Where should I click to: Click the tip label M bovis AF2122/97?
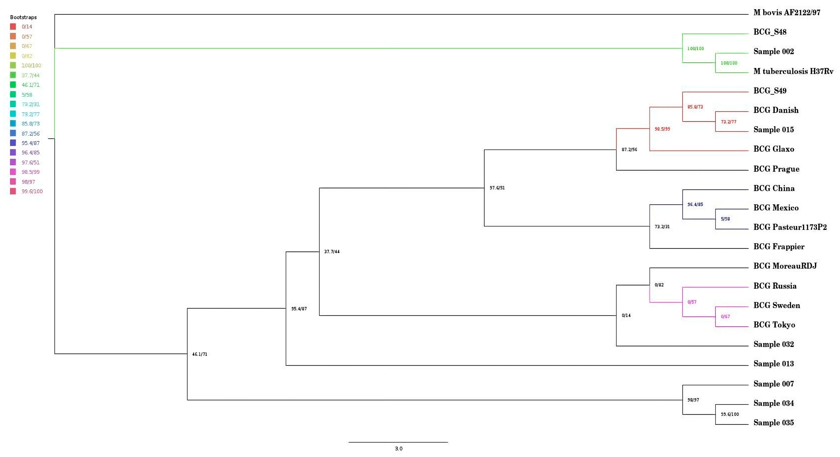pyautogui.click(x=787, y=13)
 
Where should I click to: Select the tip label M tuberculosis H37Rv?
pyautogui.click(x=793, y=71)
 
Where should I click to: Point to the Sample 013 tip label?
pyautogui.click(x=773, y=364)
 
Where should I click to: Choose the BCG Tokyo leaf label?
pyautogui.click(x=774, y=325)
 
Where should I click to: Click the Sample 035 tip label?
pyautogui.click(x=773, y=423)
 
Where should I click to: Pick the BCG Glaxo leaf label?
pyautogui.click(x=773, y=149)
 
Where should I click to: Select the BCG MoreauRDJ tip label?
pyautogui.click(x=785, y=266)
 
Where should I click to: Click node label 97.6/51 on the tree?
pyautogui.click(x=497, y=188)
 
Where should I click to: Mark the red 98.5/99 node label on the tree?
pyautogui.click(x=662, y=129)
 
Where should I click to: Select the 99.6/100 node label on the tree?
pyautogui.click(x=730, y=414)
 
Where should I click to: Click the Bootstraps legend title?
pyautogui.click(x=23, y=17)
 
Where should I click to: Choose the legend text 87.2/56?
pyautogui.click(x=31, y=134)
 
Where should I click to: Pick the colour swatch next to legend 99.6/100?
pyautogui.click(x=13, y=191)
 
